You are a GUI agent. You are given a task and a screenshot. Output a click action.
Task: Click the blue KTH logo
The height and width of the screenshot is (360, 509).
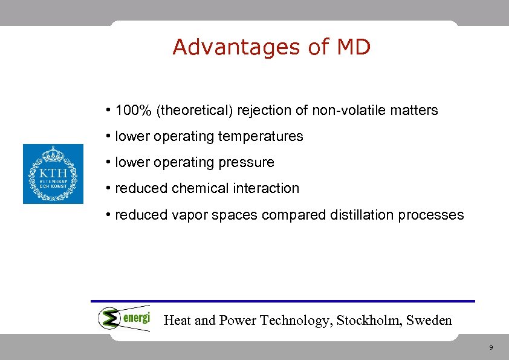tap(53, 174)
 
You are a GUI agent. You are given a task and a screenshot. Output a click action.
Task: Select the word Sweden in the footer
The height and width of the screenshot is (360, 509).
tap(429, 320)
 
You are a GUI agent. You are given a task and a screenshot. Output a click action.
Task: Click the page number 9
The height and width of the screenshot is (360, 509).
tap(491, 348)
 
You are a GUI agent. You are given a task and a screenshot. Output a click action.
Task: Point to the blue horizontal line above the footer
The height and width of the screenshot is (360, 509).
tap(283, 301)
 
